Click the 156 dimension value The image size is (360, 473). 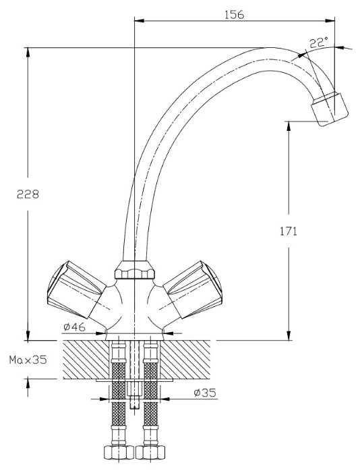234,14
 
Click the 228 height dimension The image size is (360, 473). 28,194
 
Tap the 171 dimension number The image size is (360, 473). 289,231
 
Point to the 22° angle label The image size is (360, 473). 319,43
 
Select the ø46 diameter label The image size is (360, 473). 74,327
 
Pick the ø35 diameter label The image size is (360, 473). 205,393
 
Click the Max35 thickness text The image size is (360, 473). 28,360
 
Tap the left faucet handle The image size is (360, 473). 77,289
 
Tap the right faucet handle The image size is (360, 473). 193,289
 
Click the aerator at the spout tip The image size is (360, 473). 330,109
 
